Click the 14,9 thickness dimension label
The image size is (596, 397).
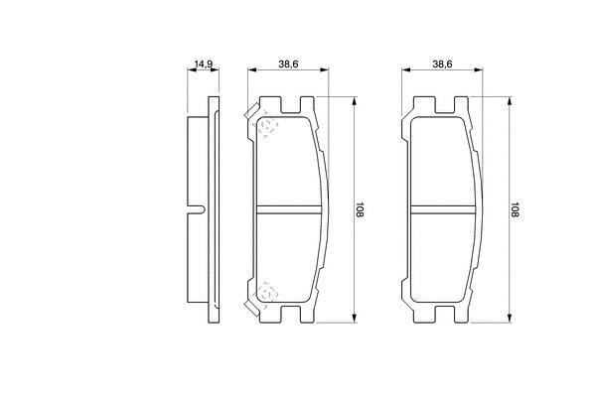coord(204,65)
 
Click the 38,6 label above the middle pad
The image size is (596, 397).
coord(288,65)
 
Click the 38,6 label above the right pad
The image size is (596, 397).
coord(442,65)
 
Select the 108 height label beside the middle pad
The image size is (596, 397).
coord(360,209)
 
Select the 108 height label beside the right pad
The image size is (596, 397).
coord(515,209)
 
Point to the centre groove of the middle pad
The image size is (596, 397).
coord(288,209)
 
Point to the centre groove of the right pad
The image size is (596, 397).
coord(443,209)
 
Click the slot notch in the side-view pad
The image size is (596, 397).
coord(197,209)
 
